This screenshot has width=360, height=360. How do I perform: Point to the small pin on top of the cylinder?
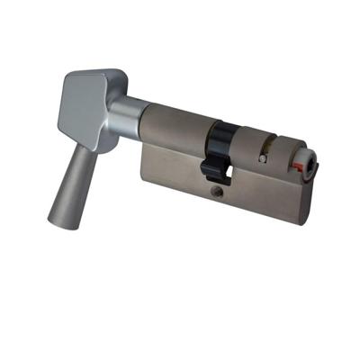[261, 158]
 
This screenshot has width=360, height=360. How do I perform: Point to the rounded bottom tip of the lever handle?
[55, 219]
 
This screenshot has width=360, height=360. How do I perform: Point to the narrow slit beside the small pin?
[268, 145]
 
